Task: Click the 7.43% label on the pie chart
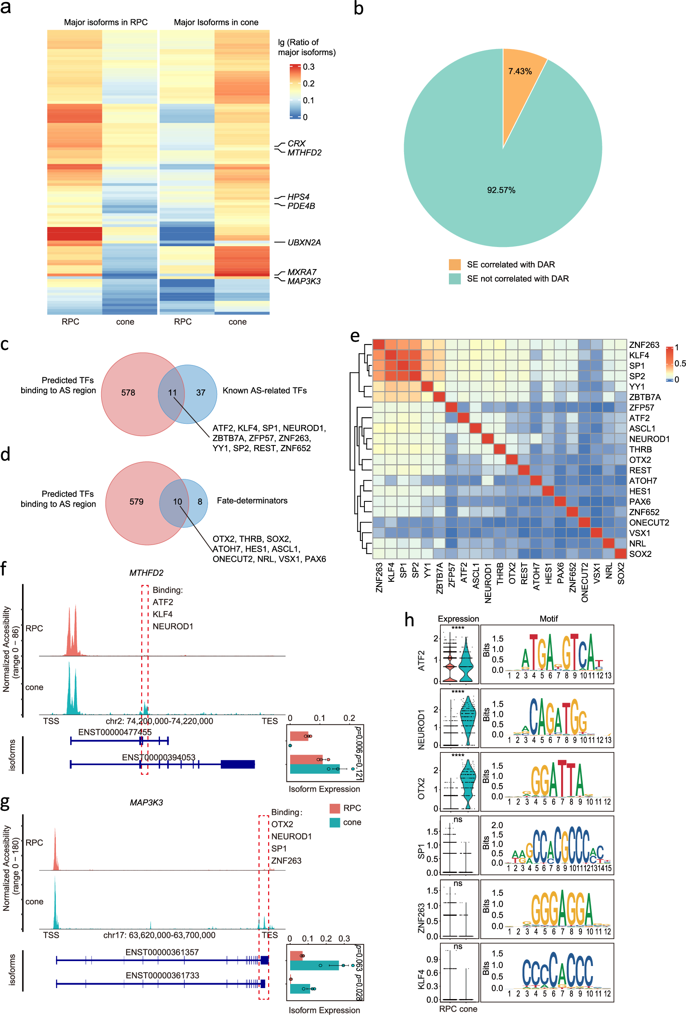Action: click(519, 71)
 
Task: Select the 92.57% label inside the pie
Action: click(501, 190)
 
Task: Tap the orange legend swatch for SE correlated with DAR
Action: click(455, 265)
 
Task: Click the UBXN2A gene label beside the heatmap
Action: click(304, 243)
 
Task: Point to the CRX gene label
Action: click(297, 144)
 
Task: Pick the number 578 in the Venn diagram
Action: click(128, 393)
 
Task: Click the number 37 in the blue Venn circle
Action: click(200, 393)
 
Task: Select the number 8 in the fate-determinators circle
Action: click(200, 502)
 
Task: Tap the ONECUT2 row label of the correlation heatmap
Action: click(649, 523)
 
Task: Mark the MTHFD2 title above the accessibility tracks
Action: click(146, 572)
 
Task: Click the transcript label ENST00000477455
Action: click(115, 732)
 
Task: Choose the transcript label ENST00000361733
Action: click(162, 975)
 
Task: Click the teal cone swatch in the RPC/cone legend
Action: click(335, 822)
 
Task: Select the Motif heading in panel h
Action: click(548, 619)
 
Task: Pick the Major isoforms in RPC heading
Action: click(106, 22)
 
